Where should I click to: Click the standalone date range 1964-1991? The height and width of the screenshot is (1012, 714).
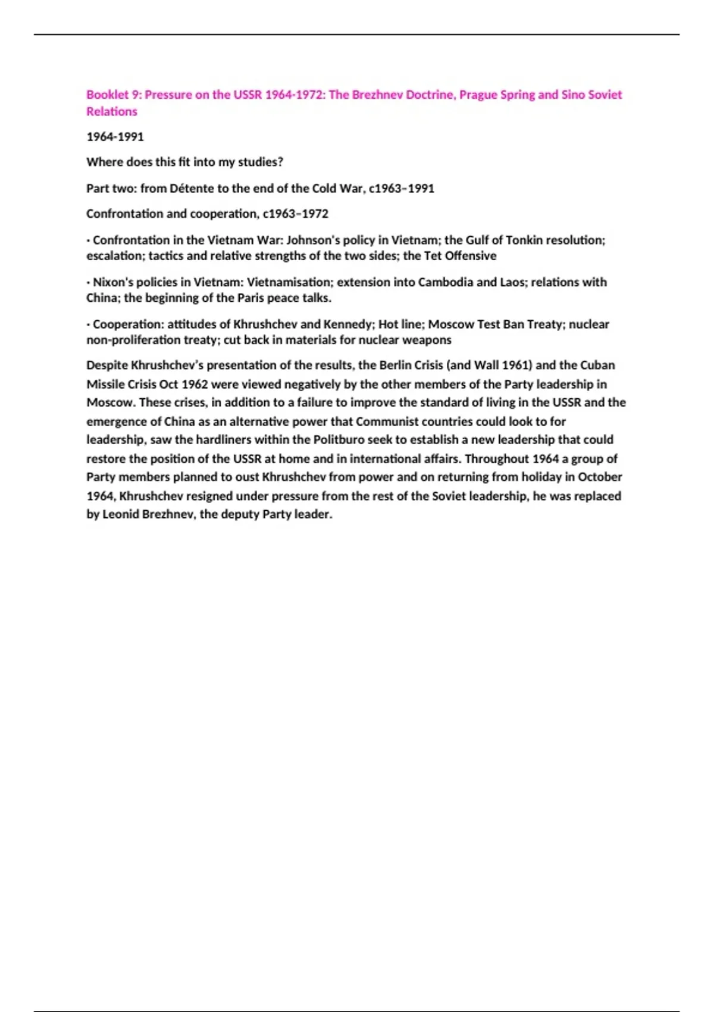pos(115,137)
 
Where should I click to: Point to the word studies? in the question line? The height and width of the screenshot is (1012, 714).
pos(261,162)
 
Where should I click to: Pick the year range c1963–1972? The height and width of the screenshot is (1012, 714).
pos(295,214)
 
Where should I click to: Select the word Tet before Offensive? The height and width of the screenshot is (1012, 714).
pos(433,256)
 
